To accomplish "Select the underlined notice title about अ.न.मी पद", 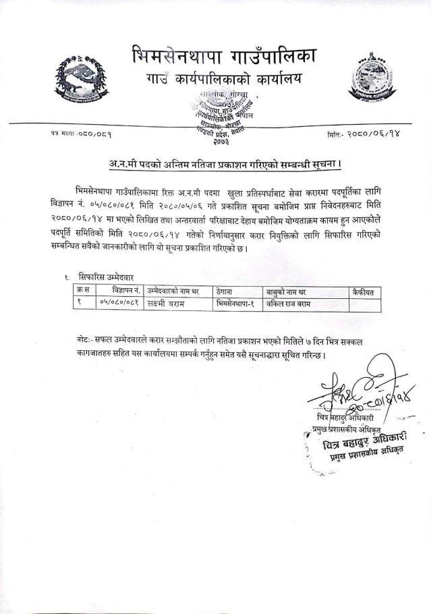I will coord(215,163).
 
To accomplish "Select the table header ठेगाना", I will coord(229,291).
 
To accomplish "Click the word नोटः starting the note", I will coord(84,341).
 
